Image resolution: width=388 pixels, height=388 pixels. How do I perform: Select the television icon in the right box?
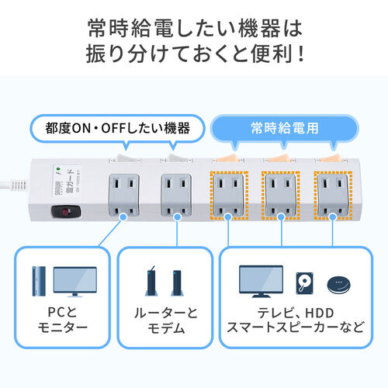[261, 282]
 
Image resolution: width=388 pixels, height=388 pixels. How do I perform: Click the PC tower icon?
[39, 282]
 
